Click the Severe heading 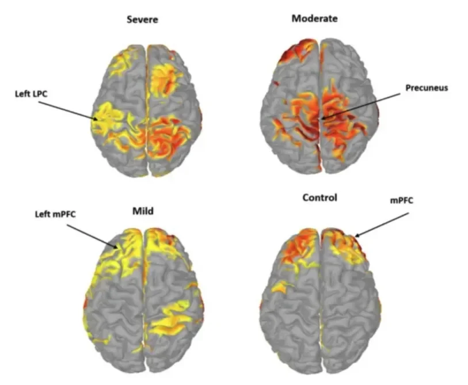point(142,20)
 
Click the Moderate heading point(314,18)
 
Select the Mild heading point(142,211)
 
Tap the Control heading point(320,198)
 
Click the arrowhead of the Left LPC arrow point(97,120)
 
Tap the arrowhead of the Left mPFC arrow point(119,249)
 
